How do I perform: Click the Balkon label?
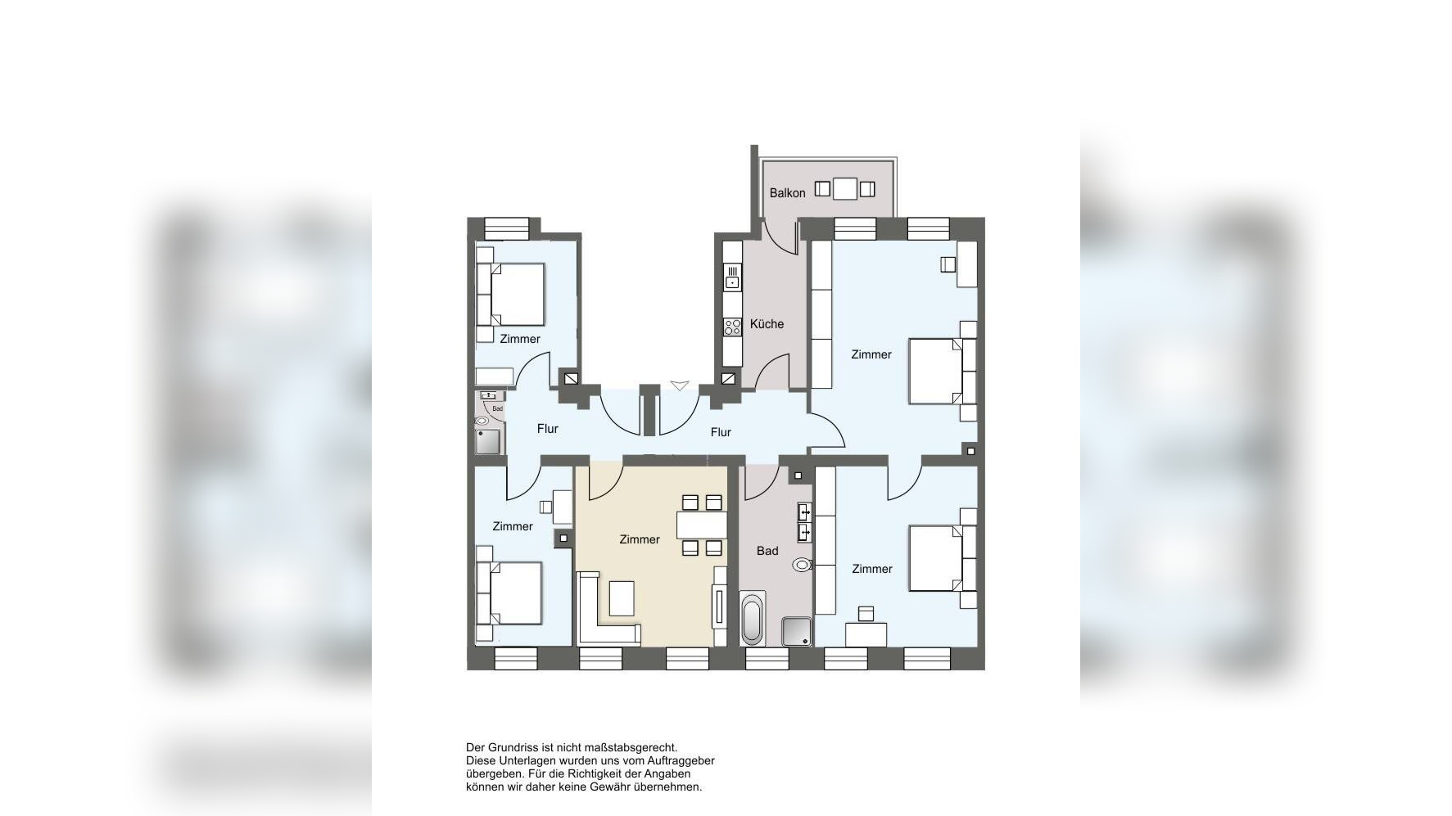787,193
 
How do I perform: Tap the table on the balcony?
845,189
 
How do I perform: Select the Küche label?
767,324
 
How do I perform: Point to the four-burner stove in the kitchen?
732,327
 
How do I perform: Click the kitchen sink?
732,277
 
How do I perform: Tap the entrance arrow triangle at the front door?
680,385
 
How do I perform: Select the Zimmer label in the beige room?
640,539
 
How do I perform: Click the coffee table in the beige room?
622,598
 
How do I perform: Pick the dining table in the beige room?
702,525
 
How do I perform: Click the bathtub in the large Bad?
752,619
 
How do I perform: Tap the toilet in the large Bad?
802,564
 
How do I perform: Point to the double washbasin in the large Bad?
805,523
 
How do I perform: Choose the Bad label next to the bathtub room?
767,551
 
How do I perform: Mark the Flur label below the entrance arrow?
721,432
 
